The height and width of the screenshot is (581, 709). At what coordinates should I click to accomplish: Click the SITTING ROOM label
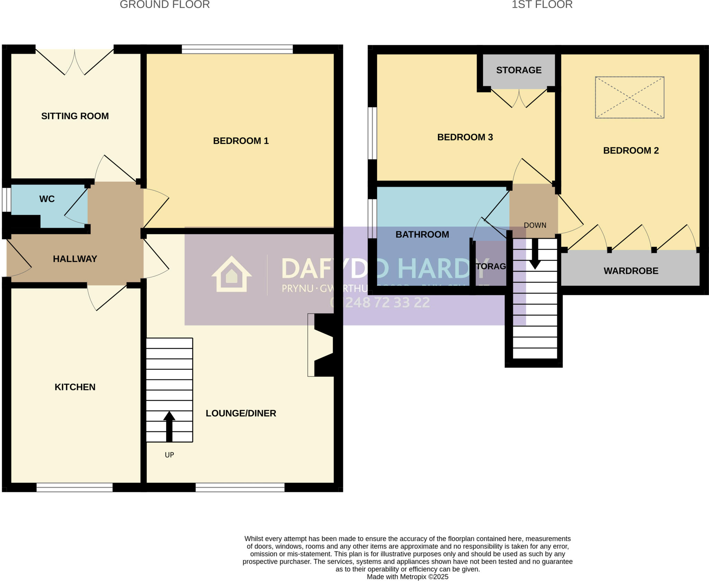click(x=75, y=116)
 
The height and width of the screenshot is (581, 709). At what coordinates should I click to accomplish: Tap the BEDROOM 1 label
click(x=241, y=141)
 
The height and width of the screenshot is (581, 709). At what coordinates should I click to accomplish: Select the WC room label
click(x=47, y=199)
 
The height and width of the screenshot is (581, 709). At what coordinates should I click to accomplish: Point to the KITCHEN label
click(x=75, y=387)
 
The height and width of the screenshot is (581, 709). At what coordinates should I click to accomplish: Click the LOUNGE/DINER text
click(x=241, y=413)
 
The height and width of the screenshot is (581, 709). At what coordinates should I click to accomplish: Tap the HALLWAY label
click(x=75, y=259)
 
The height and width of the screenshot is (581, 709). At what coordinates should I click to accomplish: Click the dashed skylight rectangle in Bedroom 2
click(x=629, y=97)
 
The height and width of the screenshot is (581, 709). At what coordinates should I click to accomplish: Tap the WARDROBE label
click(x=631, y=271)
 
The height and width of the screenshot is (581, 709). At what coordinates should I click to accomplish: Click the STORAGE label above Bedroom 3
click(x=519, y=70)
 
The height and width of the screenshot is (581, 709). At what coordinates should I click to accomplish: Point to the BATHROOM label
click(x=422, y=235)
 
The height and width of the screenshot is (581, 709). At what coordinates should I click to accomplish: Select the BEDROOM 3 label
click(x=465, y=137)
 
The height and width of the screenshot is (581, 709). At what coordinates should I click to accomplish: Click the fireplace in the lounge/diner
click(x=322, y=345)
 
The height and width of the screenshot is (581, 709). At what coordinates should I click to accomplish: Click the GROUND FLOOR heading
click(x=165, y=5)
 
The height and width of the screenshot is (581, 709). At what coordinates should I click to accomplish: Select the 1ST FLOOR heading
click(x=542, y=5)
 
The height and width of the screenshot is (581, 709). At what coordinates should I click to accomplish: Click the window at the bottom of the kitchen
click(x=74, y=487)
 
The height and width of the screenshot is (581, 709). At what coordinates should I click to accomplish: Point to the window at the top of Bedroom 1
click(x=237, y=49)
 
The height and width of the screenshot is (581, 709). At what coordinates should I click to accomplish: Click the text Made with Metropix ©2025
click(x=407, y=577)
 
